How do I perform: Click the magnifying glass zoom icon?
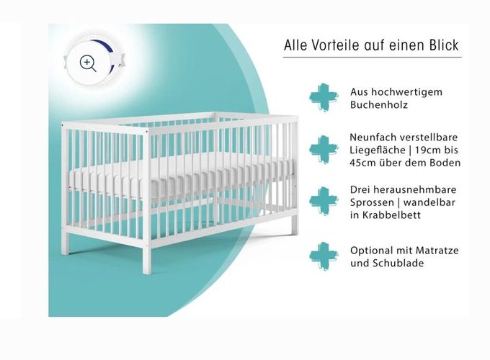coord(88,63)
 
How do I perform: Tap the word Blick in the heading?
coord(444,45)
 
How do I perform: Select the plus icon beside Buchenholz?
coord(324,97)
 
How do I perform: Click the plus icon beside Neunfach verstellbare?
coord(324,149)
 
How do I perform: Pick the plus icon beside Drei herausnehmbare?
coord(324,201)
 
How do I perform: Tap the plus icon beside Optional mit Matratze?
coord(324,256)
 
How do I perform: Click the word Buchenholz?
coord(379,104)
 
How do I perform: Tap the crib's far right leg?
coord(294,224)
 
